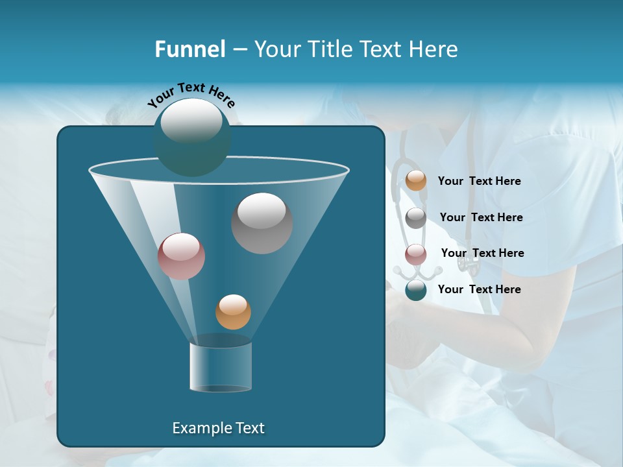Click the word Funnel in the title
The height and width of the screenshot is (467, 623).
[189, 49]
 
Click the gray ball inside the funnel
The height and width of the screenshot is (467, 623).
[262, 223]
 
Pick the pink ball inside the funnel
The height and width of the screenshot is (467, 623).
[181, 256]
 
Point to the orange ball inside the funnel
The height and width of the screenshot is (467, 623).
[233, 312]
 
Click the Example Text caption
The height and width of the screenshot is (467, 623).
[218, 428]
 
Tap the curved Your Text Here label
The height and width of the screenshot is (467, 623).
[191, 95]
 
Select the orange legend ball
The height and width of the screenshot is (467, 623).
[416, 181]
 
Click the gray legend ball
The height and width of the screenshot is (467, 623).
[416, 218]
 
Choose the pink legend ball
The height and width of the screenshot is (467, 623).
[416, 254]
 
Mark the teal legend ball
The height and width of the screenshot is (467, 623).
[416, 290]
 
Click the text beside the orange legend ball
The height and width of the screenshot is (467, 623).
[479, 182]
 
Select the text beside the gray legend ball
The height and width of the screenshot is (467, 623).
[481, 218]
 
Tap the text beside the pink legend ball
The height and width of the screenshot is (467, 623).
[482, 254]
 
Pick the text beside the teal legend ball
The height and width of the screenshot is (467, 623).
[479, 290]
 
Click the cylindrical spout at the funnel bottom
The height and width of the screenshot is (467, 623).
[221, 367]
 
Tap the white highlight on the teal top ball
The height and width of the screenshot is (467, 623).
[191, 121]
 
